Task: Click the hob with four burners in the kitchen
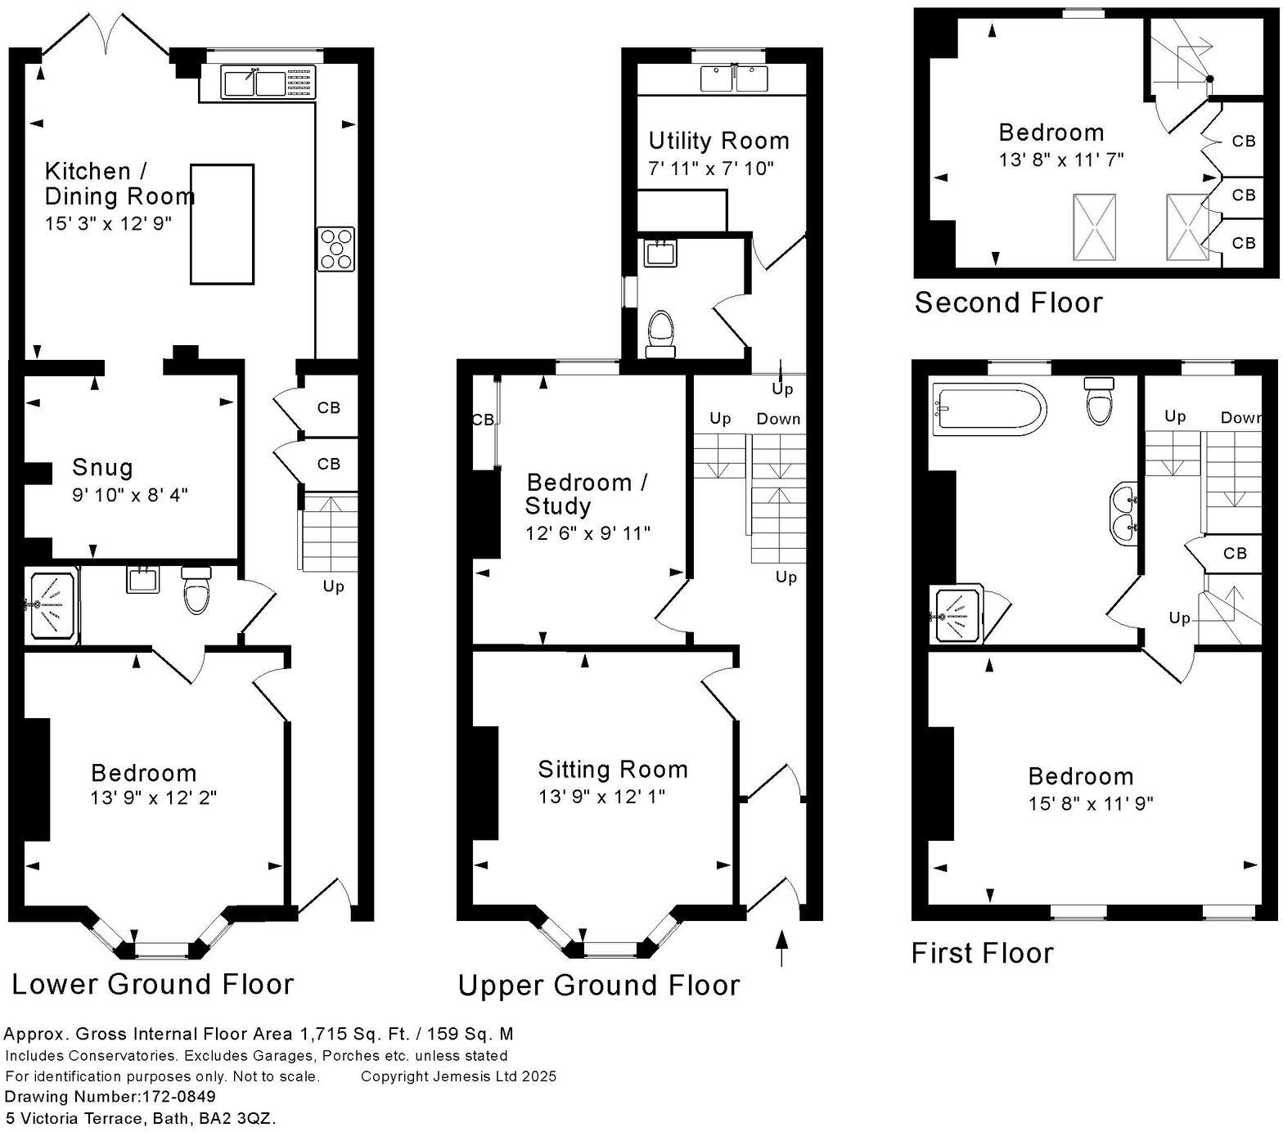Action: click(x=335, y=249)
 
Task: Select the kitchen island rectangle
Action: click(x=222, y=224)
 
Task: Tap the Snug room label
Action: click(x=102, y=468)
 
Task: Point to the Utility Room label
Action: click(x=718, y=141)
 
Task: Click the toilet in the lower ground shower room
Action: click(x=196, y=591)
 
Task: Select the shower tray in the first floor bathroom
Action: click(x=957, y=615)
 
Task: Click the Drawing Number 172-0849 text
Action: click(x=110, y=1097)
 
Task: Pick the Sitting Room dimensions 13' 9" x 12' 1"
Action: click(x=601, y=796)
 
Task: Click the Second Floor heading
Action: click(x=1008, y=303)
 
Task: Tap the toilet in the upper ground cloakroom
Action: click(x=661, y=335)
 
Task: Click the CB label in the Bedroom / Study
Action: click(x=483, y=420)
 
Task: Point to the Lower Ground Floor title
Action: click(x=152, y=984)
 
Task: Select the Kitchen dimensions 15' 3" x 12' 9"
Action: click(x=108, y=223)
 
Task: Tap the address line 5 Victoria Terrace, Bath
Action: click(x=141, y=1118)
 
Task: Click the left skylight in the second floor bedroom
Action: click(x=1094, y=227)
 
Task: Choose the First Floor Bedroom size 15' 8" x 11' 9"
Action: click(x=1091, y=803)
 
